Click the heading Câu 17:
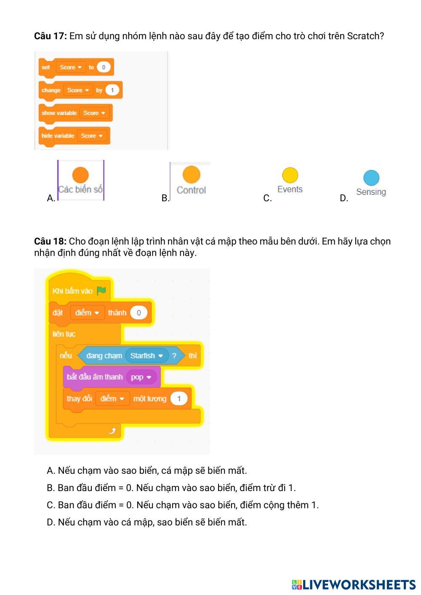pyautogui.click(x=50, y=36)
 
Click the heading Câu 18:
pyautogui.click(x=50, y=242)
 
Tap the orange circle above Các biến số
pyautogui.click(x=80, y=175)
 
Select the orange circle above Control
pyautogui.click(x=191, y=174)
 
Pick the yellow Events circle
pyautogui.click(x=290, y=175)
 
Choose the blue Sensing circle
pyautogui.click(x=371, y=178)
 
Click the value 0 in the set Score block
pyautogui.click(x=103, y=67)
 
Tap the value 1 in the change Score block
pyautogui.click(x=112, y=90)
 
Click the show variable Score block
pyautogui.click(x=75, y=113)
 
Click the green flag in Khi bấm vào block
pyautogui.click(x=101, y=291)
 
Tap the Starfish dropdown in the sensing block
pyautogui.click(x=146, y=356)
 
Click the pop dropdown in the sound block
pyautogui.click(x=141, y=377)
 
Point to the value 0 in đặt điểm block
pyautogui.click(x=139, y=313)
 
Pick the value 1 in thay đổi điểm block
pyautogui.click(x=179, y=398)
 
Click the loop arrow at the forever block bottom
pyautogui.click(x=112, y=430)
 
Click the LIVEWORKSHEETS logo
pyautogui.click(x=354, y=584)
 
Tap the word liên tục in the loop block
pyautogui.click(x=64, y=334)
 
